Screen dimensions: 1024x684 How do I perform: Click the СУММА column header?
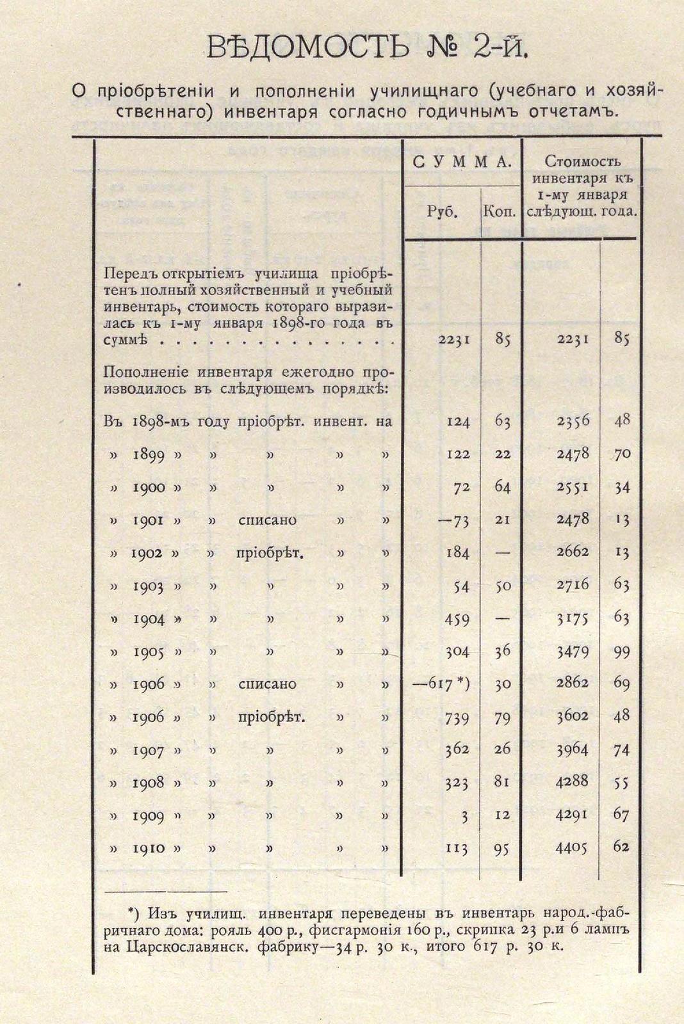(x=462, y=162)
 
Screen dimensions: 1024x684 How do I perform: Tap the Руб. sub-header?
(x=442, y=212)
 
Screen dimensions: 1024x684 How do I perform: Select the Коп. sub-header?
(x=500, y=212)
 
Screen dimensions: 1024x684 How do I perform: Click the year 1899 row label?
(x=149, y=455)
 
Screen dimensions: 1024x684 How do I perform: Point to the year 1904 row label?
(x=149, y=619)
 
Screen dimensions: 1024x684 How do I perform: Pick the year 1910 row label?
(x=149, y=849)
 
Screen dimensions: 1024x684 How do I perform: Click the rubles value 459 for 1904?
(x=457, y=619)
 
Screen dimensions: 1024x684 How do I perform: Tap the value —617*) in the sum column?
(x=441, y=684)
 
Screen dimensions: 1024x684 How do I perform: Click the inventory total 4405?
(x=572, y=848)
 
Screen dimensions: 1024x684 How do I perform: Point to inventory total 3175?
(x=572, y=618)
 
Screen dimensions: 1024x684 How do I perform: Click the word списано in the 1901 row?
(x=267, y=520)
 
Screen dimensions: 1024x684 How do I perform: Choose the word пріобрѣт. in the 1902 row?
(x=270, y=553)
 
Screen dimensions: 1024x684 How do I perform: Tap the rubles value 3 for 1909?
(x=465, y=816)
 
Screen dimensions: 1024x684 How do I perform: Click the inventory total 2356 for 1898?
(x=572, y=420)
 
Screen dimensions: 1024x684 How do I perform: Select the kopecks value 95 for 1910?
(x=502, y=849)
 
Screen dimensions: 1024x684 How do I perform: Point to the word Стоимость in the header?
(x=582, y=162)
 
